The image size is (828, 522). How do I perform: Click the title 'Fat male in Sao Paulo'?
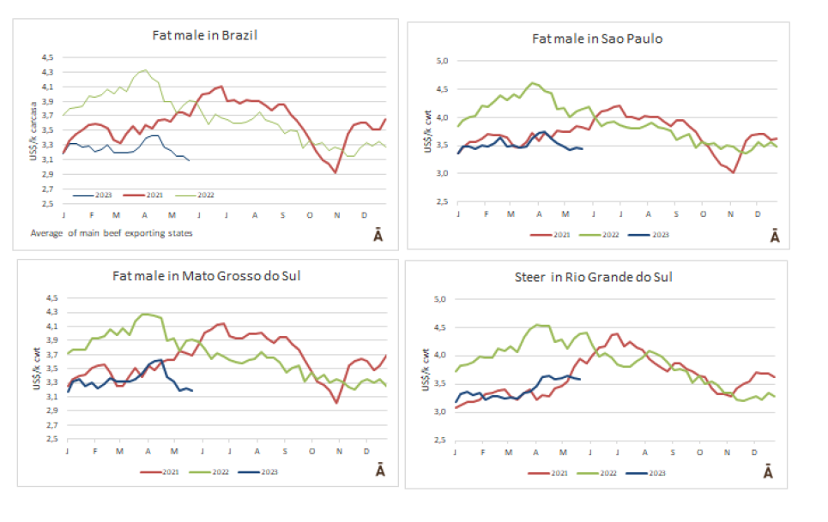coord(597,39)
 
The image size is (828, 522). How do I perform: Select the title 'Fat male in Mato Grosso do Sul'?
coord(206,276)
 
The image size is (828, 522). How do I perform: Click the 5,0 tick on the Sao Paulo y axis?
coord(443,62)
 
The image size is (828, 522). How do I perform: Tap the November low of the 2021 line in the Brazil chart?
coord(335,172)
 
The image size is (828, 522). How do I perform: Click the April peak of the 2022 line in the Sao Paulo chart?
coord(533,83)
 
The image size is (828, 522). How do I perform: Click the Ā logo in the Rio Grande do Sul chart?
coord(768,472)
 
